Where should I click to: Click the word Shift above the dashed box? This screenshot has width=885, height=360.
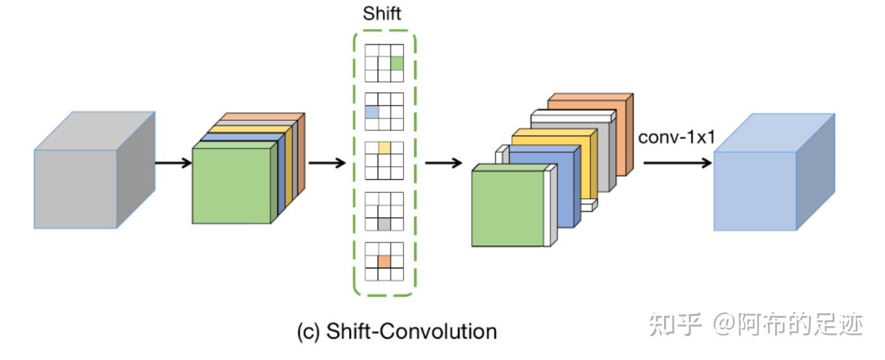tap(382, 14)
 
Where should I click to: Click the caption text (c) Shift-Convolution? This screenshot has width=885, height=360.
tap(397, 331)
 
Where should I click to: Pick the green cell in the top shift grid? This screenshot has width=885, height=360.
tap(397, 63)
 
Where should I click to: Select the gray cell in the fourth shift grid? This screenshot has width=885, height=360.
tap(384, 224)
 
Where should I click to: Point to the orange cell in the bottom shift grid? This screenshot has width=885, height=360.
tap(384, 261)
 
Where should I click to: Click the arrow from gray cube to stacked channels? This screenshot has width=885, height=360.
tap(173, 162)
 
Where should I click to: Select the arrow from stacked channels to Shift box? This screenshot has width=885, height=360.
tap(327, 162)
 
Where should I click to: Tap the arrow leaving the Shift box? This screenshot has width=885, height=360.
tap(444, 162)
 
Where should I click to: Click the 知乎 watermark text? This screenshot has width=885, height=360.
tap(676, 324)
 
